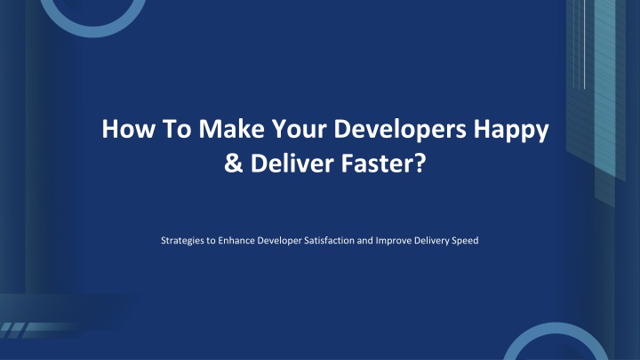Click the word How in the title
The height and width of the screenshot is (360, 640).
[x=129, y=129]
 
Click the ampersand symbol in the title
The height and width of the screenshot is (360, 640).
[x=233, y=164]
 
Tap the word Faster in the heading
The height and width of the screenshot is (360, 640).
[x=379, y=163]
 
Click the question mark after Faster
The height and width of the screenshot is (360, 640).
[x=420, y=163]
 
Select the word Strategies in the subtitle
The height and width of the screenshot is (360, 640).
[x=182, y=241]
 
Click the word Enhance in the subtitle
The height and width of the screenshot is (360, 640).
[x=236, y=240]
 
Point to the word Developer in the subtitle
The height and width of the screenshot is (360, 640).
[x=279, y=241]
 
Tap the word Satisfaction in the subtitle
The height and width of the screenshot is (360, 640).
[x=329, y=240]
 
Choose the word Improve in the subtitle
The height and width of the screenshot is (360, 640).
[x=394, y=241]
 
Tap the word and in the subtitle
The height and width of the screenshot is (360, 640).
[x=365, y=240]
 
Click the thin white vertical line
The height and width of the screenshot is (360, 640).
[x=585, y=44]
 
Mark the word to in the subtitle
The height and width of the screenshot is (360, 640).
[x=211, y=241]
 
